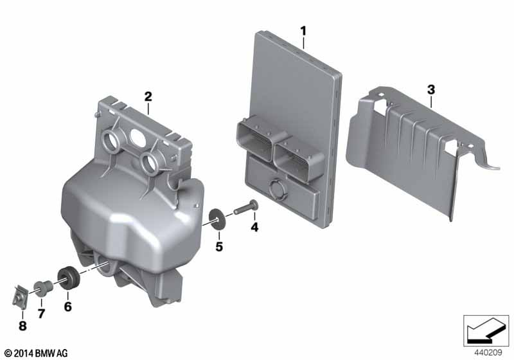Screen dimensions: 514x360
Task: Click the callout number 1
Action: (x=303, y=31)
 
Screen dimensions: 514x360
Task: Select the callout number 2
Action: (x=148, y=96)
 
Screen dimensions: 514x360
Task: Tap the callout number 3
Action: (x=431, y=89)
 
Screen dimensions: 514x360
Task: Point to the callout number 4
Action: (x=254, y=226)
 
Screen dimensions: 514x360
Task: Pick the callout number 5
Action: (x=219, y=247)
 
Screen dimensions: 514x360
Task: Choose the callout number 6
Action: (x=67, y=307)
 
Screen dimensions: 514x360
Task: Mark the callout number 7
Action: (x=41, y=314)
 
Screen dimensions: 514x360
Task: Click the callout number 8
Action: (x=22, y=326)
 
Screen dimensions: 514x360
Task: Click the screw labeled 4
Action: (x=245, y=207)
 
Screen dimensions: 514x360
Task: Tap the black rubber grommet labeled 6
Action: (x=68, y=279)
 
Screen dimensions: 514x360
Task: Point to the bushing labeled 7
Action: (x=42, y=287)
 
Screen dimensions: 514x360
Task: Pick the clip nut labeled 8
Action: (x=20, y=296)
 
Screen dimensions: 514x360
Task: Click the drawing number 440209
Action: (x=488, y=353)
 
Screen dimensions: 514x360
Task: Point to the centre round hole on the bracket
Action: (x=137, y=137)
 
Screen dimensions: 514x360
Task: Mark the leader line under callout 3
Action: (x=431, y=102)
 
